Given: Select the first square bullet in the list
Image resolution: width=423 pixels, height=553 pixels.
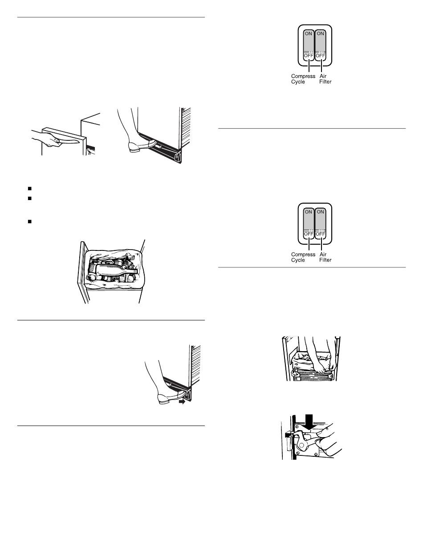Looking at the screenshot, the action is (29, 188).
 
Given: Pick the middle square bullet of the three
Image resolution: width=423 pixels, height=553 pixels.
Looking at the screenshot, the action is (29, 198).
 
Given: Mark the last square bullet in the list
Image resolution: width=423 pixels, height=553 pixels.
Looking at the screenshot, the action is (29, 221).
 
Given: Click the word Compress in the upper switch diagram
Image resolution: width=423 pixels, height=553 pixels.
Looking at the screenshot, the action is (303, 76).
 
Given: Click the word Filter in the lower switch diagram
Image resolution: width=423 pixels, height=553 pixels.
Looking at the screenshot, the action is (325, 260).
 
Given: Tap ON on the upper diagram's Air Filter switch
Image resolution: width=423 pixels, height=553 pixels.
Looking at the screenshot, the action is (321, 33).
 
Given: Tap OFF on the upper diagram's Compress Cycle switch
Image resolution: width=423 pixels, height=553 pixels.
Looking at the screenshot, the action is (309, 55).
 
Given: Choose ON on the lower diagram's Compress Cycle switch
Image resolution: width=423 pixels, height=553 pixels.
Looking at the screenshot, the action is (309, 212).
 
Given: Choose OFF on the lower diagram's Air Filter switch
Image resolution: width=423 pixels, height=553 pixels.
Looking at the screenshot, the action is (321, 234).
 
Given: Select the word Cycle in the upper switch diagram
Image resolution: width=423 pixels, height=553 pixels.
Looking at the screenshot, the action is (298, 82).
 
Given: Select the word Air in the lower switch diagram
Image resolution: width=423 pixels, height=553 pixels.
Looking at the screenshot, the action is (323, 254).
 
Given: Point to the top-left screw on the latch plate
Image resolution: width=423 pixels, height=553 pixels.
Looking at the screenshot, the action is (297, 426).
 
